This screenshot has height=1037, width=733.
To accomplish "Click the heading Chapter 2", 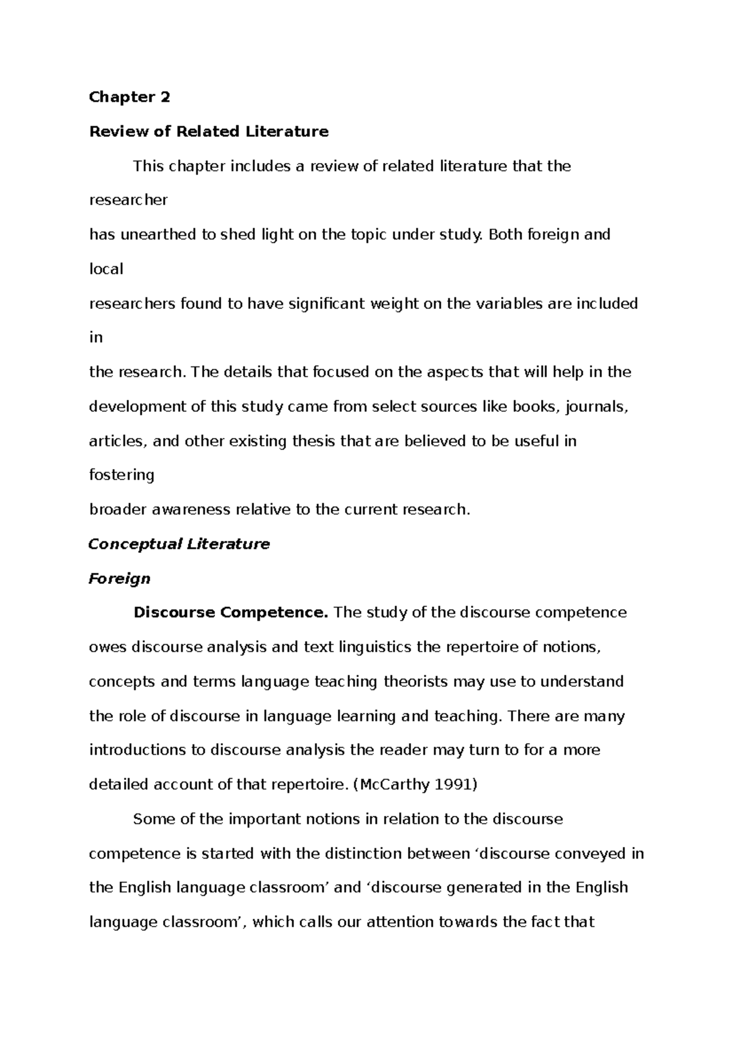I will coord(129,97).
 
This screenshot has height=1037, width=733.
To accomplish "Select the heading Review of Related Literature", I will coord(209,131).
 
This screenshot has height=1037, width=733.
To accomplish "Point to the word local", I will coord(106,269).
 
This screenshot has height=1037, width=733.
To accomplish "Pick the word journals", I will coord(597,407).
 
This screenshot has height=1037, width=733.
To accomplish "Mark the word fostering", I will coord(122,475).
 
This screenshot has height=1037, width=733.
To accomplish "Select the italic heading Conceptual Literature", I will coord(179,544).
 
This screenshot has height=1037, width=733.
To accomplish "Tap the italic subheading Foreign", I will coord(120,578).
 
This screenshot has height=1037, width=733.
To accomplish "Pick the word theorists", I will coord(415,682).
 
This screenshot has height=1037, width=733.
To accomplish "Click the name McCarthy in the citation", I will coord(396,785).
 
